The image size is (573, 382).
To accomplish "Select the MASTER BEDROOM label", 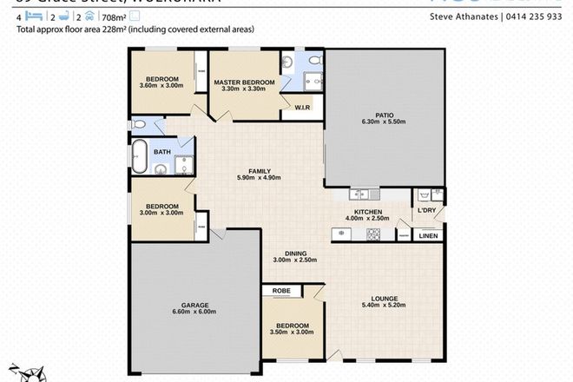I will click(244, 82).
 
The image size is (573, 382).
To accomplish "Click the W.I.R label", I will click(302, 109).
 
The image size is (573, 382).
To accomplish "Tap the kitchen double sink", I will click(361, 192).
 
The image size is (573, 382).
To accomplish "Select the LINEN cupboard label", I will click(428, 234).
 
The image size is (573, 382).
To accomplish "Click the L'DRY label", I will click(426, 211).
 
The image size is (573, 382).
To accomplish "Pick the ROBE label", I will click(280, 291).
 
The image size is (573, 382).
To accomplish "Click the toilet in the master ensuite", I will click(315, 62).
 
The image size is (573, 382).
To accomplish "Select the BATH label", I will click(161, 152).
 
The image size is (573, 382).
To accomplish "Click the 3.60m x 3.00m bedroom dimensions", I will click(161, 86).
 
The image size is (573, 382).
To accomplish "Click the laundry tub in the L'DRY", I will click(424, 194).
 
